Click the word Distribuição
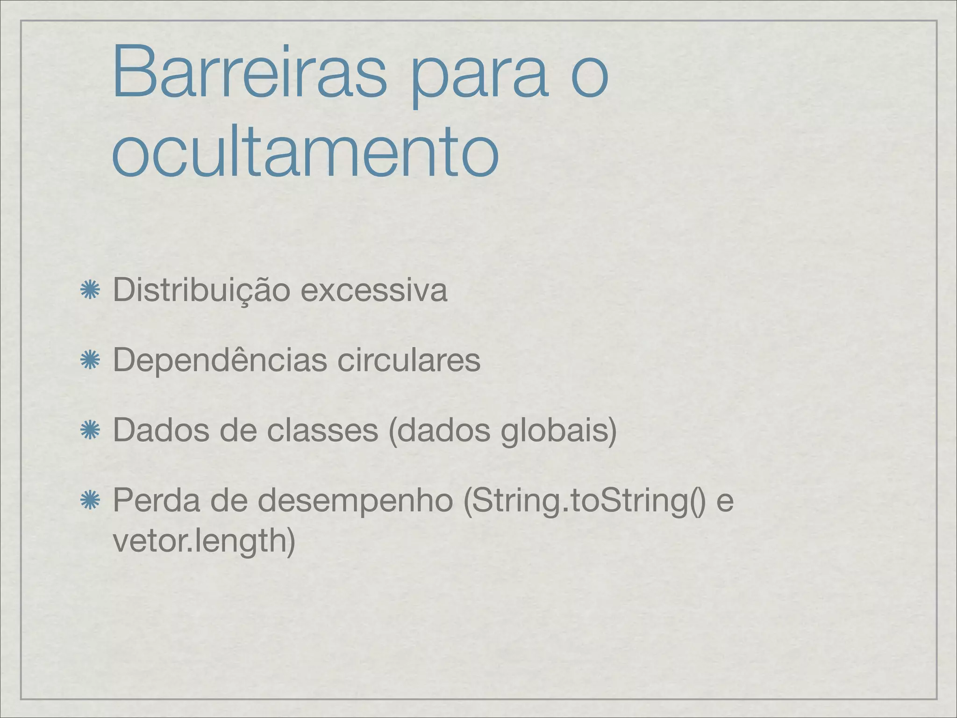tap(201, 290)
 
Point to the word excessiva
tap(374, 290)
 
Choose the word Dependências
tap(220, 360)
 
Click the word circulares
tap(408, 360)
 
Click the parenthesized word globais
tap(558, 431)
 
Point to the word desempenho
tap(355, 501)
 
